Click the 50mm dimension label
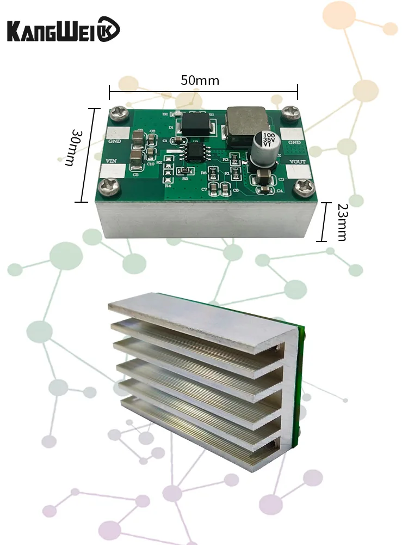point(200,81)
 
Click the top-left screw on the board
point(118,115)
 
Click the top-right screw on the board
point(291,111)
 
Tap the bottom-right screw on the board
point(301,189)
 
